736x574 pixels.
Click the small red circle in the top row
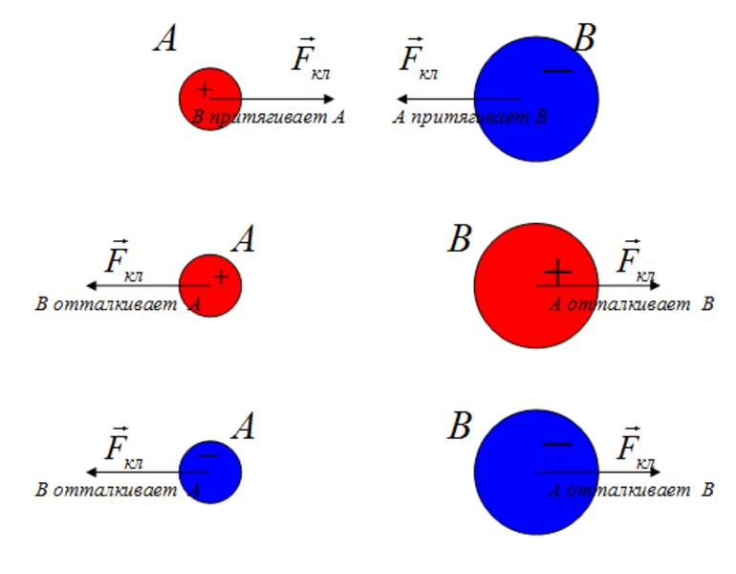point(209,99)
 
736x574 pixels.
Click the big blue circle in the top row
point(536,99)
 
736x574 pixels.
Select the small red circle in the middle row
point(209,285)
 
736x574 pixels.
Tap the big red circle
point(536,285)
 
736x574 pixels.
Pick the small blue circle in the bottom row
point(209,472)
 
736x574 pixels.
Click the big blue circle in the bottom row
point(536,472)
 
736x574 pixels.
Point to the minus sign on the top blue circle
point(556,70)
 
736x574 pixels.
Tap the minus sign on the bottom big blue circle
point(556,444)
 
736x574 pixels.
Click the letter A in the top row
point(165,39)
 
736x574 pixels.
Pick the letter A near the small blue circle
point(244,427)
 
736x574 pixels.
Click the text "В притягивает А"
point(269,118)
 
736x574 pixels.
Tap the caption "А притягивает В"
point(470,118)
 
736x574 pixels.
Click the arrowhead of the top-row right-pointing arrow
point(330,99)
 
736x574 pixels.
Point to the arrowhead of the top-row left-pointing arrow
point(402,99)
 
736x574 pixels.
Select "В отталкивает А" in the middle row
point(118,304)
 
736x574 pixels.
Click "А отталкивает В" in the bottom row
point(631,490)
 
